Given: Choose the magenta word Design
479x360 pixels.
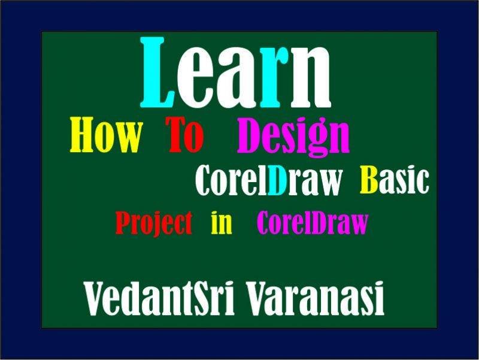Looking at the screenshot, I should [x=293, y=137].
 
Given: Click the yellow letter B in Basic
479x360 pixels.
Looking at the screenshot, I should [x=368, y=180].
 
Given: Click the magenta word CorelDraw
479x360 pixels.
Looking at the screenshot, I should [x=312, y=223].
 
